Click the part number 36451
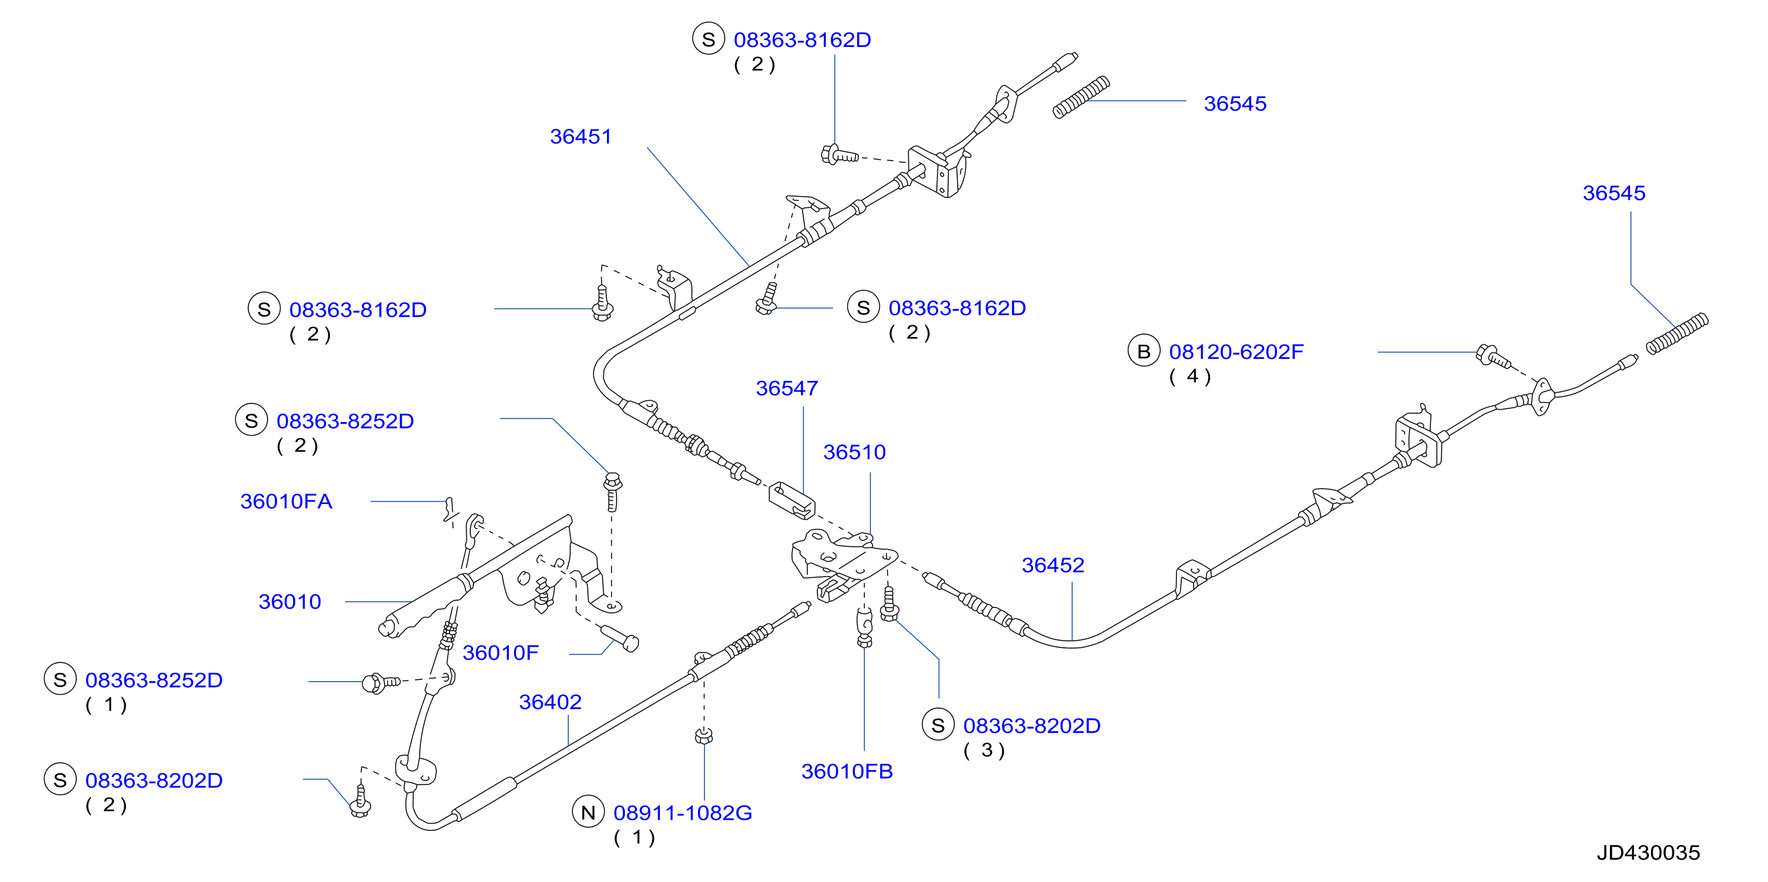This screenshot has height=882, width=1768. tap(580, 137)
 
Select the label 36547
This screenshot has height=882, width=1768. tap(787, 389)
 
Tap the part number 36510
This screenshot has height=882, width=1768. tap(854, 452)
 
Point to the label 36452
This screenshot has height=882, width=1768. tap(1053, 566)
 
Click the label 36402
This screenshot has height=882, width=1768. tap(550, 702)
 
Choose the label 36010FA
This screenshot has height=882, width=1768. tap(286, 502)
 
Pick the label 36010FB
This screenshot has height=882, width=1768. tap(847, 771)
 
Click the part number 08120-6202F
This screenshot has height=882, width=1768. tap(1236, 352)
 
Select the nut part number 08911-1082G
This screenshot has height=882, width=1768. tap(682, 814)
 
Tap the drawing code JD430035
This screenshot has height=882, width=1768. tap(1648, 852)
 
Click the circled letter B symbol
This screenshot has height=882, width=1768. tap(1143, 351)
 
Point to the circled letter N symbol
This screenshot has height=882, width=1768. tap(588, 812)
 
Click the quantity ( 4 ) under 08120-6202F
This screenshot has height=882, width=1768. tap(1190, 377)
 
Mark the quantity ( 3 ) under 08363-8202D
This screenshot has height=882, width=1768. tap(984, 751)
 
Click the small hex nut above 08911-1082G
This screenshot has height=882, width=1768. tap(703, 736)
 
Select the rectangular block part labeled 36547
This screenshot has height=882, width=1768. tap(792, 500)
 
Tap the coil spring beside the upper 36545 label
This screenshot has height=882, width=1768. tap(1081, 97)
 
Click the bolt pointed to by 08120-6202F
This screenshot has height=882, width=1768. tap(1493, 356)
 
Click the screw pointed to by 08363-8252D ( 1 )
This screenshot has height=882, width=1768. tap(381, 683)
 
